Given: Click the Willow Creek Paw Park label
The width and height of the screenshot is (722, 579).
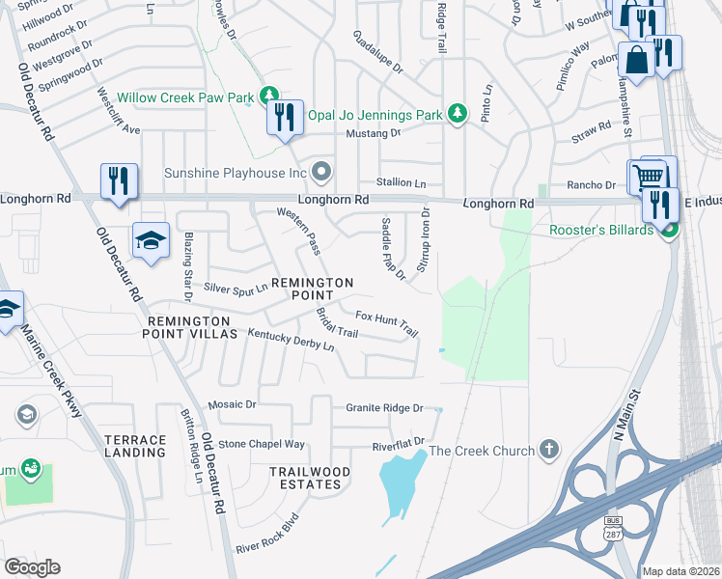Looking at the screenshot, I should (x=184, y=97).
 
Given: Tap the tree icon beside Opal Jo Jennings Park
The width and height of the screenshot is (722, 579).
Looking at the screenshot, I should (x=458, y=115).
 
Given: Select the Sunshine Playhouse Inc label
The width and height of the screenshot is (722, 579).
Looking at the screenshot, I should (x=235, y=174).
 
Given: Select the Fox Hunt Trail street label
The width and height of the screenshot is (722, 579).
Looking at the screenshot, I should (x=386, y=322).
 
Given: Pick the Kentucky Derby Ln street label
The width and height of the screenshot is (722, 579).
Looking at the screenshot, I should (x=291, y=340).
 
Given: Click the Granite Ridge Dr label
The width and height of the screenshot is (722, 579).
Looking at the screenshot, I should (x=384, y=408).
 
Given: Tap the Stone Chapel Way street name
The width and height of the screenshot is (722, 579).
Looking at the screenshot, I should (x=261, y=444).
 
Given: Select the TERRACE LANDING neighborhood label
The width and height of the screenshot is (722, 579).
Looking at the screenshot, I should (x=135, y=446).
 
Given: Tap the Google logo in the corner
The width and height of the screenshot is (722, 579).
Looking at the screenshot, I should (x=32, y=567).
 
